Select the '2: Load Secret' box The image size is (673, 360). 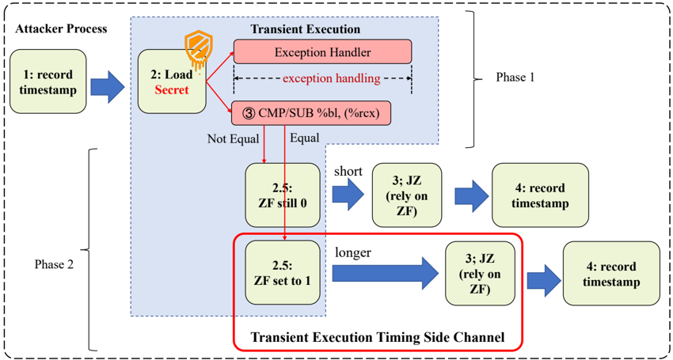172,82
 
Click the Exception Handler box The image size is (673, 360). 322,52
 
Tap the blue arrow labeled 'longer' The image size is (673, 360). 384,273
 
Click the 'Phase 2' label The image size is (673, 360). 54,264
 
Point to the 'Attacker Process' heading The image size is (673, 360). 61,29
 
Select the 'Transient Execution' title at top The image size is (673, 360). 305,29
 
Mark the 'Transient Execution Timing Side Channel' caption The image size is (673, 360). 377,337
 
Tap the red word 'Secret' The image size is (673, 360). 172,90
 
